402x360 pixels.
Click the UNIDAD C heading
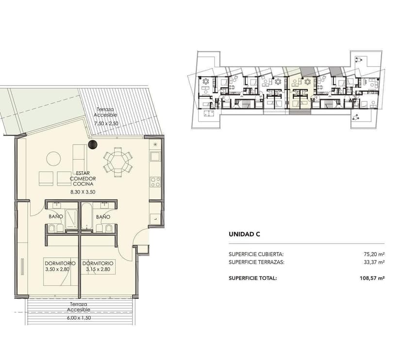tap(244, 234)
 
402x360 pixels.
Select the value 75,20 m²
tap(374, 254)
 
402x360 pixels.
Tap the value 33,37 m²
tap(374, 262)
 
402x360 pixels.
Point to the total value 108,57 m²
tap(372, 278)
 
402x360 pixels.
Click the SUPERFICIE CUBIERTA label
tap(256, 254)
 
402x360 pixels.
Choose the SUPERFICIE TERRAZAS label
tap(257, 262)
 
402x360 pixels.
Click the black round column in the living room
tap(93, 145)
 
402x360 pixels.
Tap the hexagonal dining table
tap(118, 162)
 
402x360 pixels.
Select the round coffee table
tap(53, 159)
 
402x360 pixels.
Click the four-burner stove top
tap(155, 182)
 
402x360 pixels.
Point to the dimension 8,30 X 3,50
tap(83, 192)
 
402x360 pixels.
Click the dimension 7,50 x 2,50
tap(106, 124)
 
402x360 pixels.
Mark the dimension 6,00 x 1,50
tap(79, 318)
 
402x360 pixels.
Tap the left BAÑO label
tap(56, 216)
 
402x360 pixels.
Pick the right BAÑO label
tap(103, 217)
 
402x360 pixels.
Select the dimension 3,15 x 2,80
tap(98, 269)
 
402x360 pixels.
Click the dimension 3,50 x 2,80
tap(57, 269)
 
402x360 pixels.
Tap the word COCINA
tap(83, 184)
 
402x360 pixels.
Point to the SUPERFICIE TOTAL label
tap(253, 278)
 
